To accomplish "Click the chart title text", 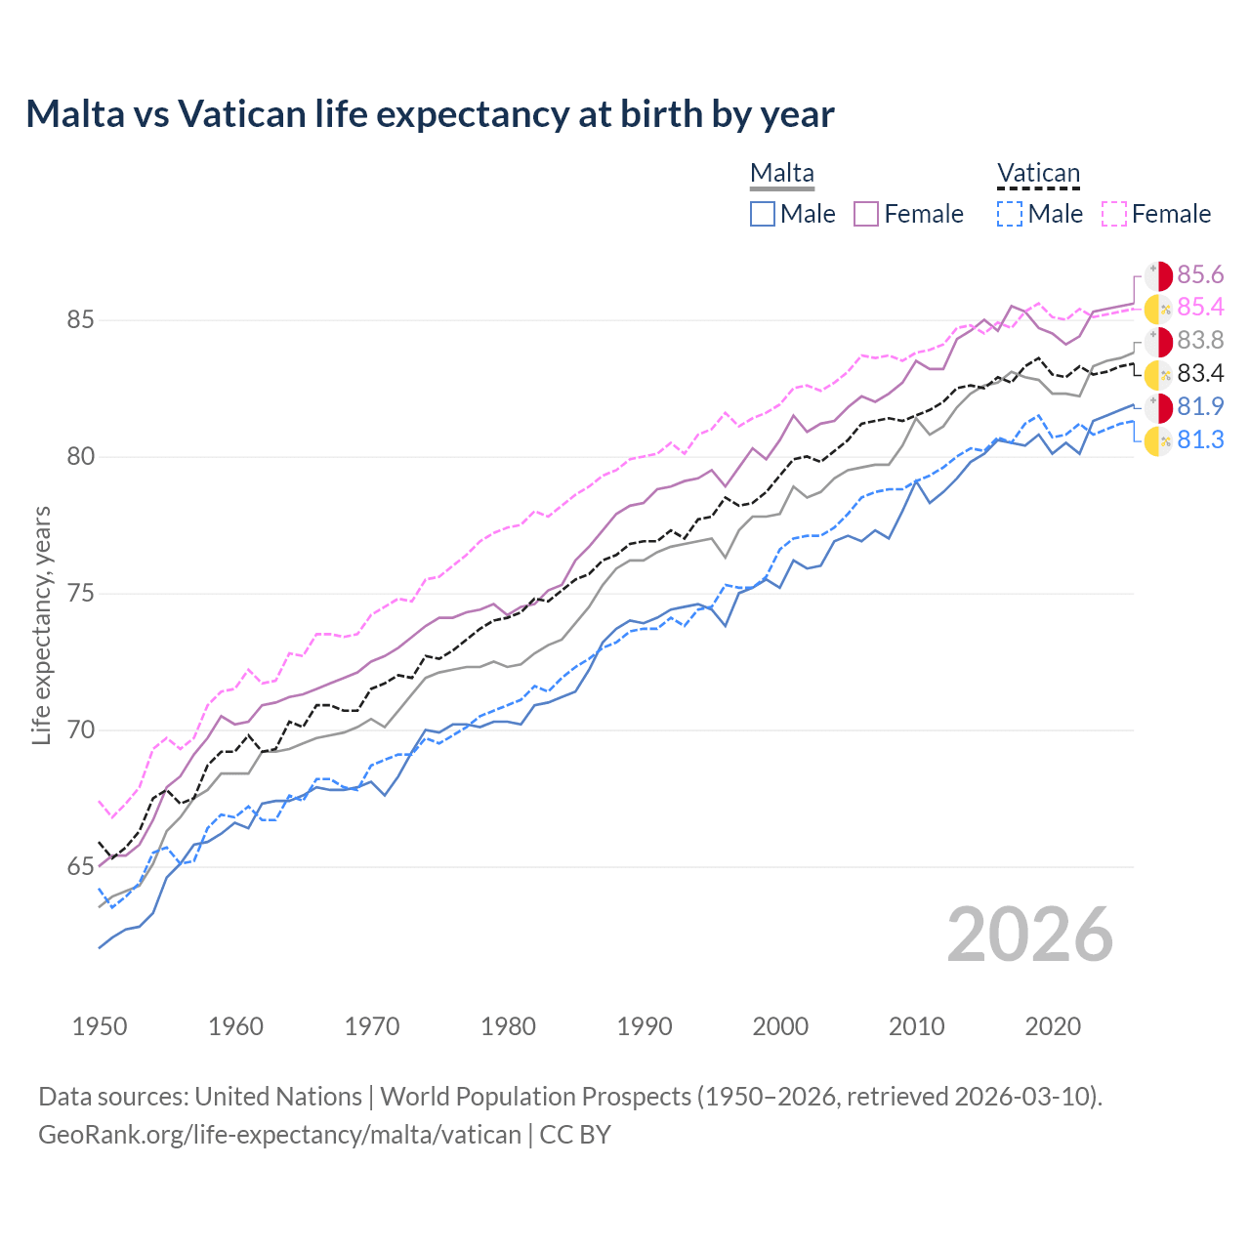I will (x=430, y=114).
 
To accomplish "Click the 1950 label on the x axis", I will (x=100, y=1026).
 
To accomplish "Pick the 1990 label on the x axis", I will (x=645, y=1026).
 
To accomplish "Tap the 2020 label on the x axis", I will (x=1053, y=1026).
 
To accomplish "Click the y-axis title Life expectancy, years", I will (x=41, y=625).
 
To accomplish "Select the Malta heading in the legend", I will (x=781, y=173).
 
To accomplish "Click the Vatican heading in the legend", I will (x=1038, y=173).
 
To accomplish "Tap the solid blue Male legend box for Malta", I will (x=763, y=214).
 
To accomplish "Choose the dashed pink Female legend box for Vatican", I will (x=1114, y=214).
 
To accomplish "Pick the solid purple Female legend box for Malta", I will (x=866, y=214).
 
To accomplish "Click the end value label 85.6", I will (x=1200, y=274).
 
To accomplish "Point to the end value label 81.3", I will (x=1200, y=440).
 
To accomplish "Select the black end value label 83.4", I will (x=1200, y=374).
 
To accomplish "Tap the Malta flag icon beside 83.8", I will (x=1158, y=342).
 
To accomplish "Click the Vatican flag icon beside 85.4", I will (x=1158, y=309).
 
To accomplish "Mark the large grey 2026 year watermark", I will (x=1030, y=935).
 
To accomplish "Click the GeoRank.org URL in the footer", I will (x=279, y=1135).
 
